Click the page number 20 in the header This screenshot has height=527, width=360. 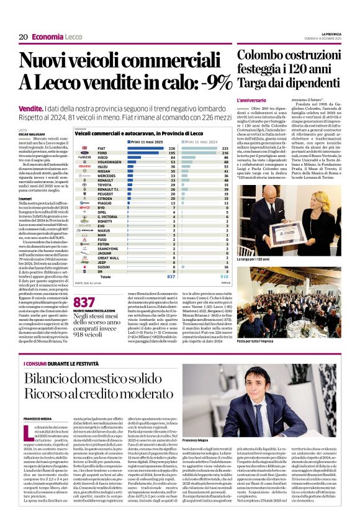coord(22,37)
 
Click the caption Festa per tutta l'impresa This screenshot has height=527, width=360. coord(256,340)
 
